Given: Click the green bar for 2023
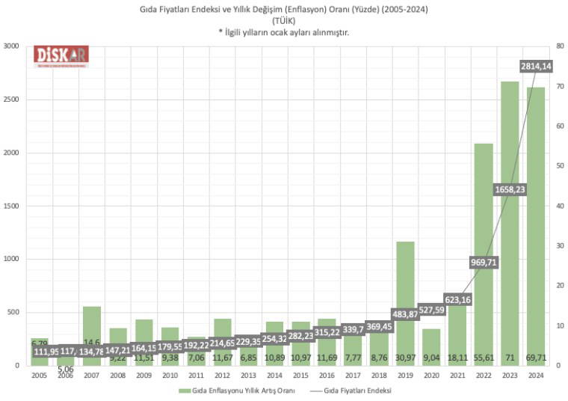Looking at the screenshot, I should (510, 224).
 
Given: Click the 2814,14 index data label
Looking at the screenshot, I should (535, 67).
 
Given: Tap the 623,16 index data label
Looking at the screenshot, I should (458, 299).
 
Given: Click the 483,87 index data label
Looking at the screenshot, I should (406, 313).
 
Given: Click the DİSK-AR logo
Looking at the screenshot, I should (61, 55).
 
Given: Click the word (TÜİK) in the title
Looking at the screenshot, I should (283, 21).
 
